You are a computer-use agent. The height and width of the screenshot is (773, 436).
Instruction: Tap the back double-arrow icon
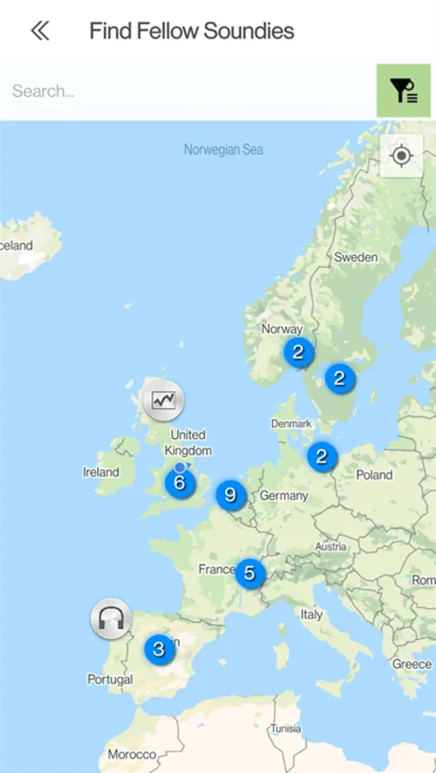pyautogui.click(x=40, y=31)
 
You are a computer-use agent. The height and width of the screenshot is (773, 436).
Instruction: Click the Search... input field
pyautogui.click(x=189, y=90)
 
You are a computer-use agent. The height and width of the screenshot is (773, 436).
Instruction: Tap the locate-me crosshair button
pyautogui.click(x=402, y=155)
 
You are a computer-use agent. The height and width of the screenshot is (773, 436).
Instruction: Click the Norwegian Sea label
pyautogui.click(x=224, y=149)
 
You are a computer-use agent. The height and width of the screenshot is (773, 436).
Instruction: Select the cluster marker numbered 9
pyautogui.click(x=230, y=495)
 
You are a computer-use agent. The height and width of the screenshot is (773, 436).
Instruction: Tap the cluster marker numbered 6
pyautogui.click(x=180, y=483)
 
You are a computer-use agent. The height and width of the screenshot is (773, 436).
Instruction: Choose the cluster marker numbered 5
pyautogui.click(x=249, y=573)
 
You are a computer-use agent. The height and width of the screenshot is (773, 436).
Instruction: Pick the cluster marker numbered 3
pyautogui.click(x=158, y=649)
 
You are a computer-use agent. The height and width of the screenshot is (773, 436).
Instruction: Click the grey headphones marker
pyautogui.click(x=111, y=618)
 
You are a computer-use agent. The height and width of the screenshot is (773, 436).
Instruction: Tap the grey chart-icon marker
pyautogui.click(x=163, y=399)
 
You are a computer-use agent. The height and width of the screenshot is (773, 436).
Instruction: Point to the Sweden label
pyautogui.click(x=355, y=257)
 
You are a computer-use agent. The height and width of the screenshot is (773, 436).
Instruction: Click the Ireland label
pyautogui.click(x=101, y=472)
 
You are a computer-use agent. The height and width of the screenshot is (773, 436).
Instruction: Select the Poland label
pyautogui.click(x=374, y=475)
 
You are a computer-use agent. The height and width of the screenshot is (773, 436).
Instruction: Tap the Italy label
pyautogui.click(x=311, y=614)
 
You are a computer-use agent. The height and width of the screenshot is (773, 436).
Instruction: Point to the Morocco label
pyautogui.click(x=132, y=754)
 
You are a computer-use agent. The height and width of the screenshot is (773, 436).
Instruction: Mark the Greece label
pyautogui.click(x=412, y=664)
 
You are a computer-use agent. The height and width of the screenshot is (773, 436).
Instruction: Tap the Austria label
pyautogui.click(x=330, y=546)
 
